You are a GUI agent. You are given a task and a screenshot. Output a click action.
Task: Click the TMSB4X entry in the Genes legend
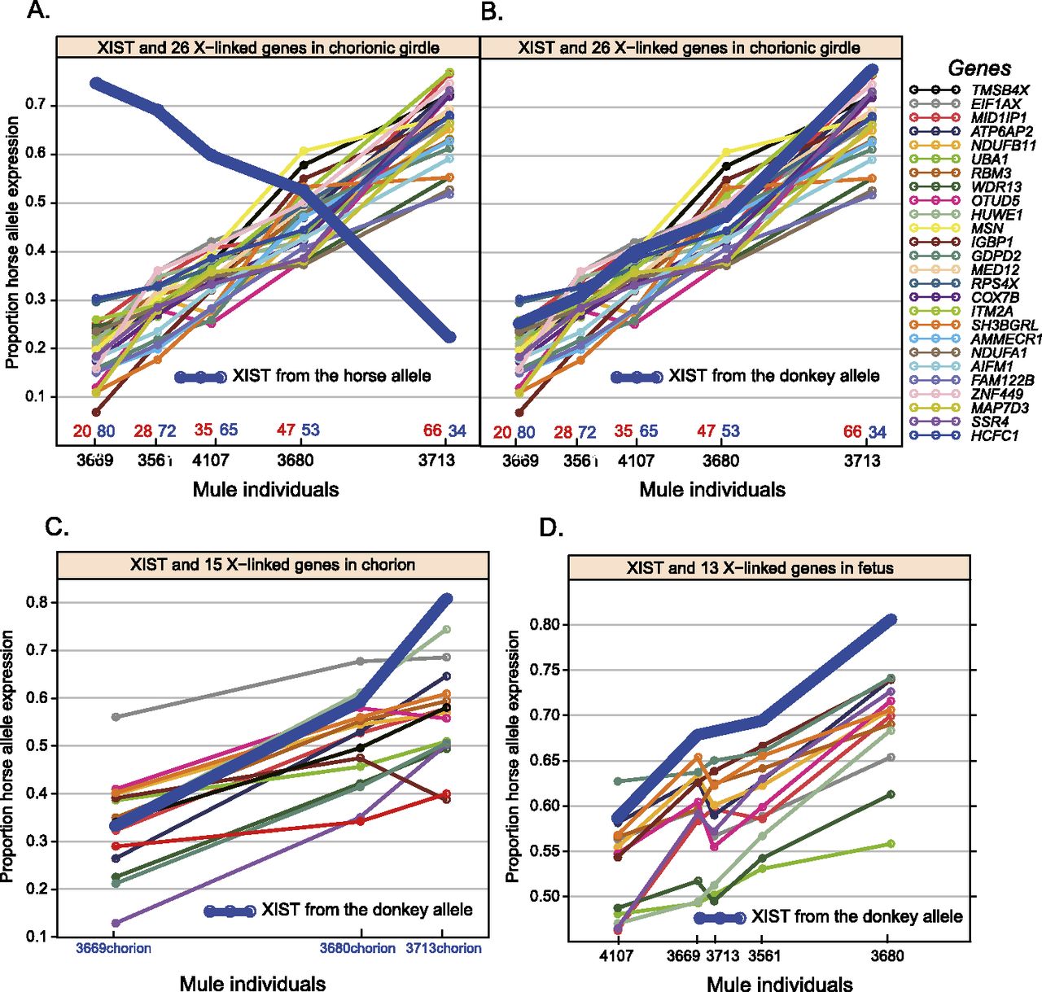click(1000, 90)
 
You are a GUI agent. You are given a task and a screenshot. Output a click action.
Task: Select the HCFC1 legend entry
click(994, 435)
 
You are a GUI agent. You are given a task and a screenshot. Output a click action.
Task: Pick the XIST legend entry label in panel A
click(331, 376)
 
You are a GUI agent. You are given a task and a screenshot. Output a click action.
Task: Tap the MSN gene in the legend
click(987, 229)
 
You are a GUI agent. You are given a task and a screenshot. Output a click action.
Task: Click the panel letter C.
click(56, 527)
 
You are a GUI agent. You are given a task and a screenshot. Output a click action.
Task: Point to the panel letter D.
click(551, 528)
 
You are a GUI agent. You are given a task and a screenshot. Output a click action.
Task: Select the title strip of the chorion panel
click(272, 565)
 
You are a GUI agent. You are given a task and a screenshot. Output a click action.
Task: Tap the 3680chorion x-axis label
click(357, 948)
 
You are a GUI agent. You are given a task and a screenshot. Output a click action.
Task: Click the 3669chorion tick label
click(114, 948)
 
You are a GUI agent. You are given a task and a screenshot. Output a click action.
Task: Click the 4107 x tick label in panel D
click(615, 956)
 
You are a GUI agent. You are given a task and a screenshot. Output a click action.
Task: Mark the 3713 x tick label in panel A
click(437, 461)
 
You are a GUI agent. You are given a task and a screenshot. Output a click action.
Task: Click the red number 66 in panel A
click(432, 430)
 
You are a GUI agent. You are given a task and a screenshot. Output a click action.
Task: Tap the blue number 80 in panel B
click(525, 432)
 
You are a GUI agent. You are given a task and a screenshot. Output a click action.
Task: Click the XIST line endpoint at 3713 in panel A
click(449, 337)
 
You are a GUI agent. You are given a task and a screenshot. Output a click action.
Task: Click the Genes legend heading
click(979, 68)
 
